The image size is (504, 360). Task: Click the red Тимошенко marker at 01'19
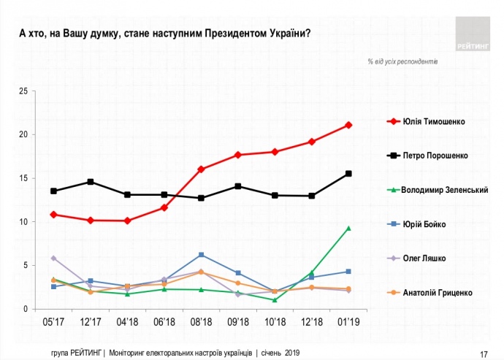click(x=349, y=125)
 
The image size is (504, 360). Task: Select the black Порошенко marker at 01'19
click(x=349, y=174)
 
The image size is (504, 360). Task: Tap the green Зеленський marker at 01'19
click(x=349, y=228)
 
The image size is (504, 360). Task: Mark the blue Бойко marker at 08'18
click(x=201, y=255)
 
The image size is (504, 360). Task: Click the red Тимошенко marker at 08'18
click(x=201, y=169)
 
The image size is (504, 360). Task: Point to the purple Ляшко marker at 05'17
click(x=53, y=258)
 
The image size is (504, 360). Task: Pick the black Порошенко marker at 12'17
click(x=91, y=182)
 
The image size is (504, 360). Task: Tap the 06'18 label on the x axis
click(x=164, y=321)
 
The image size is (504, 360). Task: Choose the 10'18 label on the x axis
click(x=275, y=321)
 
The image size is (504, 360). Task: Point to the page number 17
click(x=484, y=353)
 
